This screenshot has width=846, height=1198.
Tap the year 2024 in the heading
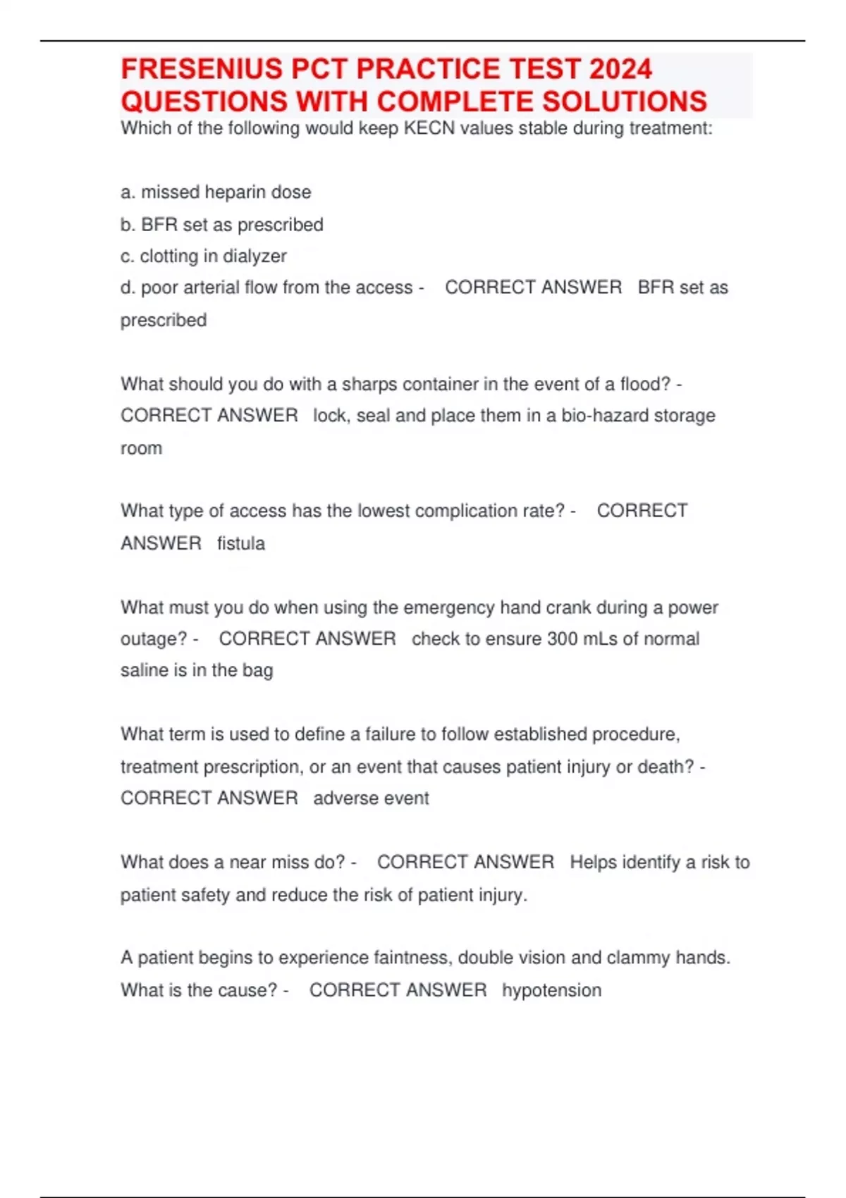(x=620, y=69)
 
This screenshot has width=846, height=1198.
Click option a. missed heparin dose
(x=216, y=192)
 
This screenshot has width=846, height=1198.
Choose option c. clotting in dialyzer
(x=204, y=256)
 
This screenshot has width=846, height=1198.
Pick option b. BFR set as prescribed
(x=222, y=225)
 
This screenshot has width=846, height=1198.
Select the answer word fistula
(x=241, y=543)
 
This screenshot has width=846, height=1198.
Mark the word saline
(x=145, y=670)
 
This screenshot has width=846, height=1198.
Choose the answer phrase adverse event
(x=371, y=798)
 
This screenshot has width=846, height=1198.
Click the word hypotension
(x=551, y=990)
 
